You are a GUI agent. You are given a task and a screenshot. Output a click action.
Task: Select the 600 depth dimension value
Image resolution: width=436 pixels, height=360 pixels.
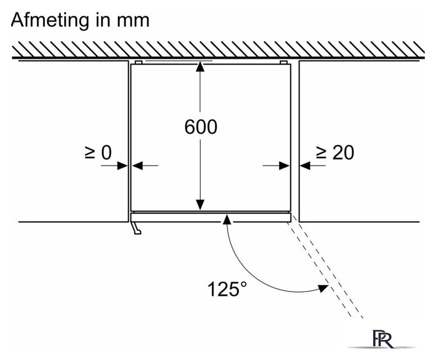click(201, 127)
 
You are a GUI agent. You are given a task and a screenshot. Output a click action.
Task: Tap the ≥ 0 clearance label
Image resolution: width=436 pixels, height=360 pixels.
click(98, 152)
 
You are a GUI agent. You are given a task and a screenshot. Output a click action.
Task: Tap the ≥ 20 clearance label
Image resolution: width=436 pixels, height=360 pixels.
click(335, 152)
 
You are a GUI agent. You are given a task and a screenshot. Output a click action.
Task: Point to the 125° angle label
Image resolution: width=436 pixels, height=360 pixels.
click(227, 289)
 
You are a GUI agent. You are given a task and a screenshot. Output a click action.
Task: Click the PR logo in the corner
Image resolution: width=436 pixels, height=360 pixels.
click(383, 339)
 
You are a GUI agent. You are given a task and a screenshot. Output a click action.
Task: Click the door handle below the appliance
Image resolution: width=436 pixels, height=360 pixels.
click(136, 228)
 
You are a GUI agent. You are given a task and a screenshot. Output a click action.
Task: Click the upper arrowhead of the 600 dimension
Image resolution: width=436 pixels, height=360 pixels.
click(200, 67)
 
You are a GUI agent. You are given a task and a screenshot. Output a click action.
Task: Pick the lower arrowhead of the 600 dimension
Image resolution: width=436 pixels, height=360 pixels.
click(200, 205)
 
